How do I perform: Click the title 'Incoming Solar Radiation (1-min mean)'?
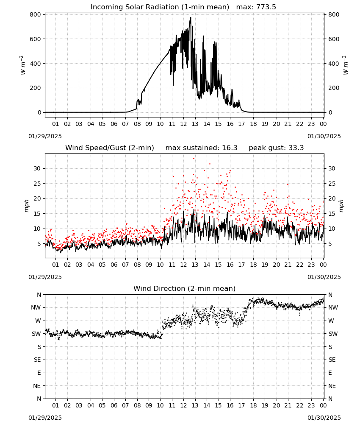point(160,7)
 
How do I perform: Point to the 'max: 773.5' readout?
point(256,7)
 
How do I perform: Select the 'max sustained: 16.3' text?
point(201,148)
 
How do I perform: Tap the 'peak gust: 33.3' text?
point(276,148)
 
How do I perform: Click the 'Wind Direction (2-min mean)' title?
point(185,288)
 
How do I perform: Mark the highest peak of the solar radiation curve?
point(191,17)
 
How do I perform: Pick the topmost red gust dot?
point(194,159)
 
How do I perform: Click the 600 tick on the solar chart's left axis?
point(36,39)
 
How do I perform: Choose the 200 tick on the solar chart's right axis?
point(334,88)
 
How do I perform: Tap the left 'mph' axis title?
point(26,206)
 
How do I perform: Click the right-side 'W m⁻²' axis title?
point(346,65)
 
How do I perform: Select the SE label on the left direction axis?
point(38,360)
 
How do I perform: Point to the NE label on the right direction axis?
point(332,386)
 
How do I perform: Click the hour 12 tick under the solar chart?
point(183,124)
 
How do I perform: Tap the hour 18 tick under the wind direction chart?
point(253,405)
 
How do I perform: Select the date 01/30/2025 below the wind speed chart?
point(324,277)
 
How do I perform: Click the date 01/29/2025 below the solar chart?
point(45,136)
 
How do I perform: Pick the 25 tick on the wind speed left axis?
point(37,184)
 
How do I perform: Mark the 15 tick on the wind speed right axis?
point(332,214)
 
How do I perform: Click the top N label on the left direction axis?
point(39,295)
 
